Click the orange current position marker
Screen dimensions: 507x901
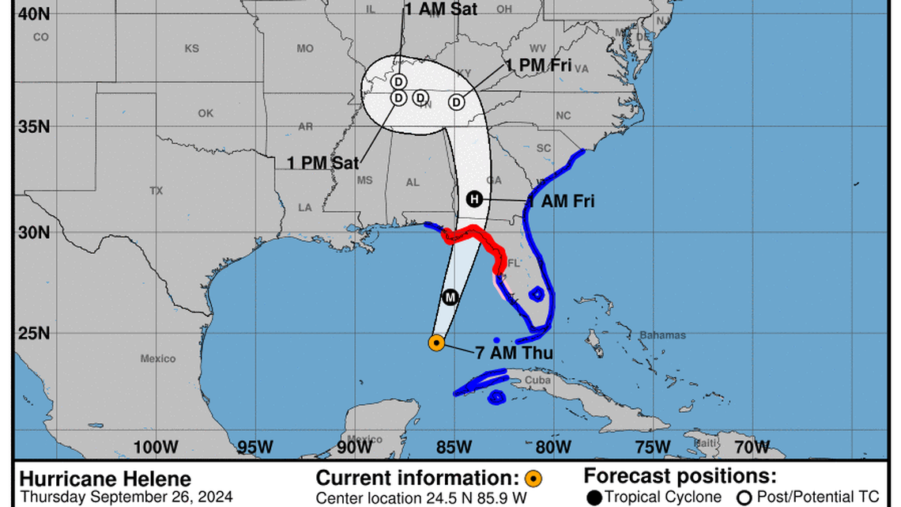[x=435, y=342]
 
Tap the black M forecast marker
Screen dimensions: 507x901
[x=450, y=297]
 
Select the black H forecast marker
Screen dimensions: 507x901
[x=473, y=199]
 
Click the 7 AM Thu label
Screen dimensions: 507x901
[x=515, y=353]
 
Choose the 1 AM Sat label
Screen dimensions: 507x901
[x=441, y=9]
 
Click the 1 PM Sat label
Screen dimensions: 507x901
[x=322, y=163]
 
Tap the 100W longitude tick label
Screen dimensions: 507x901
[x=155, y=447]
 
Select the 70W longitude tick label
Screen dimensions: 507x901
[x=751, y=447]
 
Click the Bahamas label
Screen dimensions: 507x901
[x=662, y=335]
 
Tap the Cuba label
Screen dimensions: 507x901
[x=537, y=380]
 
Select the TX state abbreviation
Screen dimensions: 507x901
[x=156, y=191]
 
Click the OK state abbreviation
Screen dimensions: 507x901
[x=205, y=113]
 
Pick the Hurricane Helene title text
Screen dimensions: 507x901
[x=105, y=479]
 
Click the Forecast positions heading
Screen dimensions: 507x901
[x=680, y=476]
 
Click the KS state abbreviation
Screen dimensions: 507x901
[x=191, y=48]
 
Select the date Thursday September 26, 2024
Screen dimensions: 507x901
[x=126, y=498]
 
